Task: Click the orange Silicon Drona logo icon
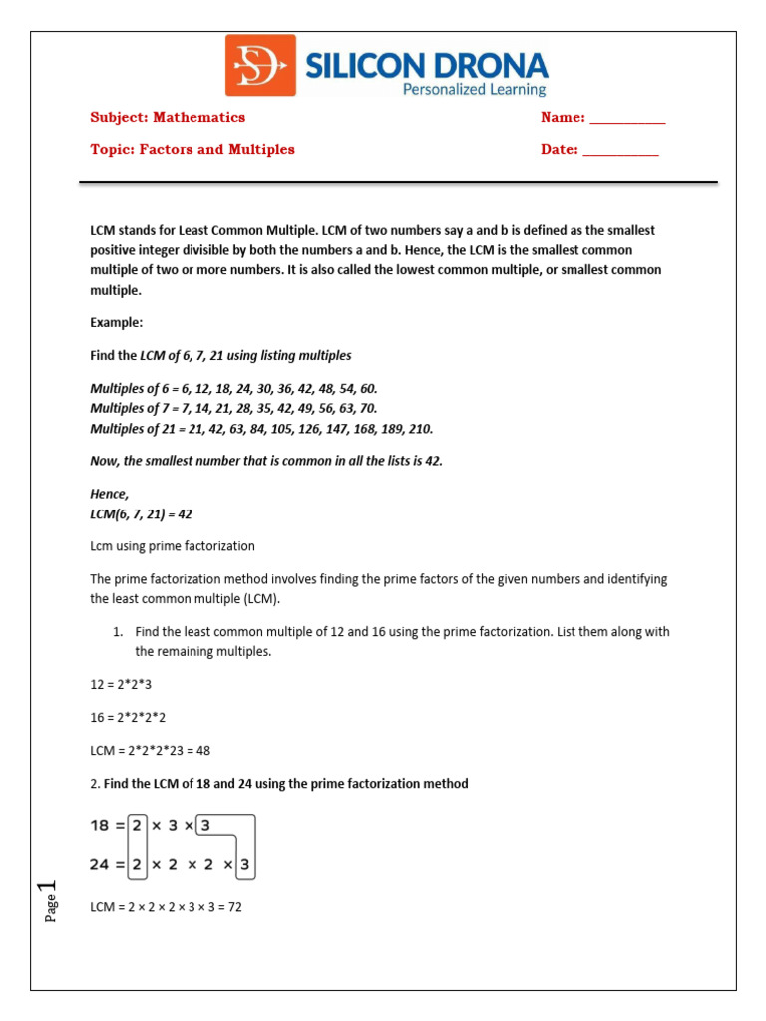click(260, 65)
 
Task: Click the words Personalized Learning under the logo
click(474, 90)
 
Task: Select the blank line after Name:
click(627, 118)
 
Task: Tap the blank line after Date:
click(620, 150)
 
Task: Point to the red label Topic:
click(112, 150)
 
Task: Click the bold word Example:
click(117, 323)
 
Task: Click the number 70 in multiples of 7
click(367, 408)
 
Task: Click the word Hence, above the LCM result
click(110, 494)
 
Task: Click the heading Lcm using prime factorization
click(173, 546)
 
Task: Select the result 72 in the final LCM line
click(235, 907)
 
